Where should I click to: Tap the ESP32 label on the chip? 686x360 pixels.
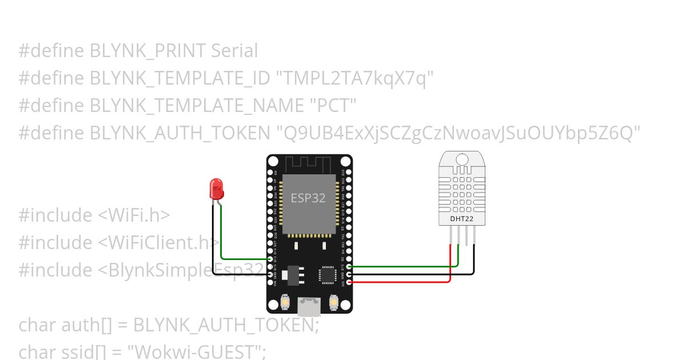(308, 198)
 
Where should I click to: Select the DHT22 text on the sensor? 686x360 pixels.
(461, 218)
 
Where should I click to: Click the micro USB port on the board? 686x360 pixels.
(309, 307)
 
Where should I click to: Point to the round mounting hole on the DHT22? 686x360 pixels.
(462, 158)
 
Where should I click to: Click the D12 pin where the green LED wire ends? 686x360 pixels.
(270, 259)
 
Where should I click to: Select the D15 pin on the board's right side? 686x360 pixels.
(349, 266)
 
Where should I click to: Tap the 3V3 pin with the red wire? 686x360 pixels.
(349, 282)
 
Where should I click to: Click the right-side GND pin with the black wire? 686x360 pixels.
(349, 274)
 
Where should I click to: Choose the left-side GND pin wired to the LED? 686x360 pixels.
(270, 274)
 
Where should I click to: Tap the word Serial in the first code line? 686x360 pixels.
(234, 51)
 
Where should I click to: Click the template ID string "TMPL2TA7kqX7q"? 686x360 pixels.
(354, 78)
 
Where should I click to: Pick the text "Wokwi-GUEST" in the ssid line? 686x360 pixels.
(197, 351)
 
